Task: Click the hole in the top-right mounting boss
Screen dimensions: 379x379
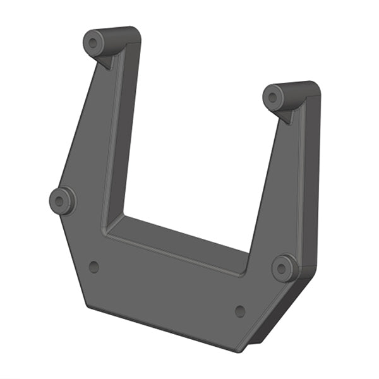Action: click(273, 97)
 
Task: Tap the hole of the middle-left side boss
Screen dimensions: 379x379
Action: click(60, 202)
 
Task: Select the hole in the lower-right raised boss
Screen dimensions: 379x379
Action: click(284, 268)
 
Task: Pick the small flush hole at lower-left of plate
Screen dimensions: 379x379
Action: click(94, 267)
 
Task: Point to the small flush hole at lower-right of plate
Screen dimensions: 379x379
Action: click(240, 311)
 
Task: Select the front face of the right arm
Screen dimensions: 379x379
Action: click(272, 189)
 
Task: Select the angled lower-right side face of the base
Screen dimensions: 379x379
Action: click(278, 313)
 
